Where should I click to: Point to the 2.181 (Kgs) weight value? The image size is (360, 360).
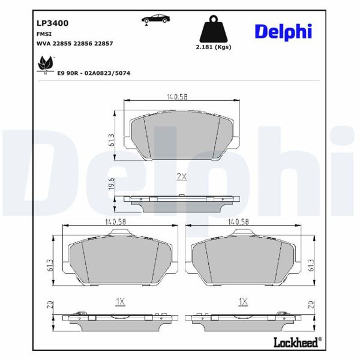214,47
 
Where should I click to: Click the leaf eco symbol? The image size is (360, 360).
44,62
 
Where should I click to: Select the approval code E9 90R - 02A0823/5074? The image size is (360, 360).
94,73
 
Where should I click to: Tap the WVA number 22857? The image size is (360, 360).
103,44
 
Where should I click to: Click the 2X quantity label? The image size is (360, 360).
181,176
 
